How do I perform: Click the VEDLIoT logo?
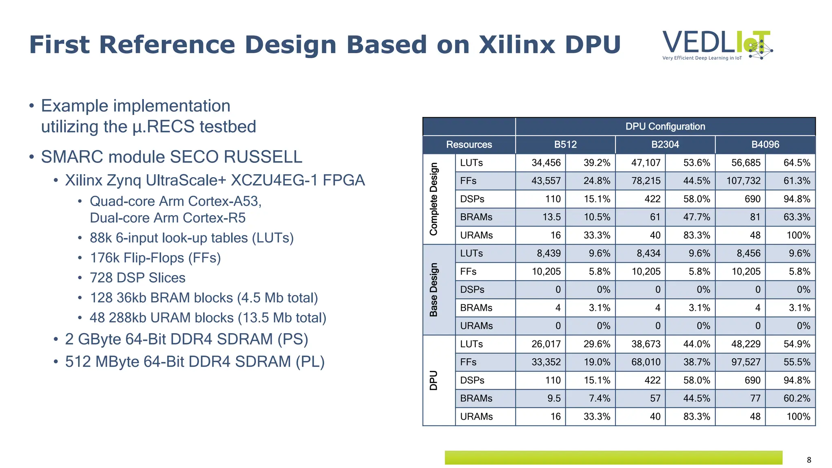pos(717,45)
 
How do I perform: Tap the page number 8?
pos(809,460)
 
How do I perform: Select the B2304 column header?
pos(665,145)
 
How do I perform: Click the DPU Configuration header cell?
pos(665,126)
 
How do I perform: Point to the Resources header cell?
pos(469,145)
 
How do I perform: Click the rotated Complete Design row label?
pos(434,199)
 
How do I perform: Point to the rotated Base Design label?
pos(434,289)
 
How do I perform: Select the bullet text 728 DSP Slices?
pos(137,278)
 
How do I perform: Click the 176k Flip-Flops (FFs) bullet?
pos(155,258)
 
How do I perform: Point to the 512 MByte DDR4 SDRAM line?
pos(195,362)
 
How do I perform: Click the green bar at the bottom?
pos(613,457)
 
